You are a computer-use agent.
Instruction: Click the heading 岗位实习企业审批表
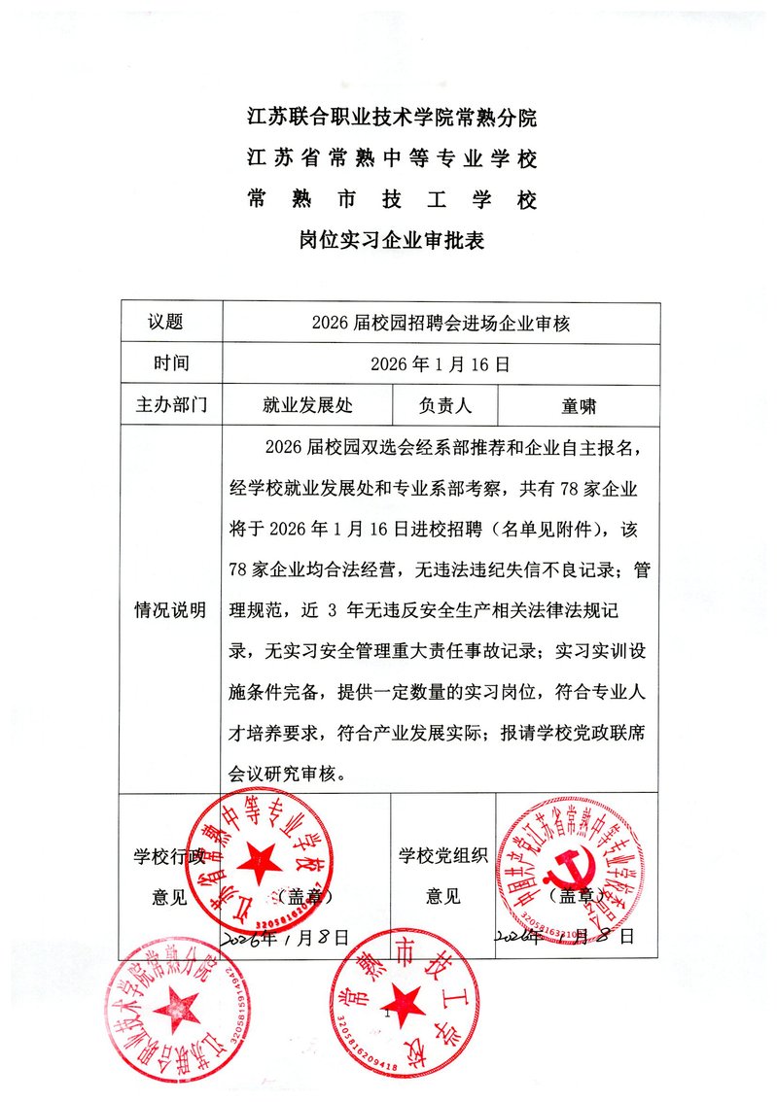pos(391,240)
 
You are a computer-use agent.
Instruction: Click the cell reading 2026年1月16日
pos(441,365)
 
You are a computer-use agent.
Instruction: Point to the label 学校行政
pos(168,856)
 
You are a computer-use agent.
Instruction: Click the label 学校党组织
pos(441,856)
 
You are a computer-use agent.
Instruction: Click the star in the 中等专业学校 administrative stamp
pos(261,859)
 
